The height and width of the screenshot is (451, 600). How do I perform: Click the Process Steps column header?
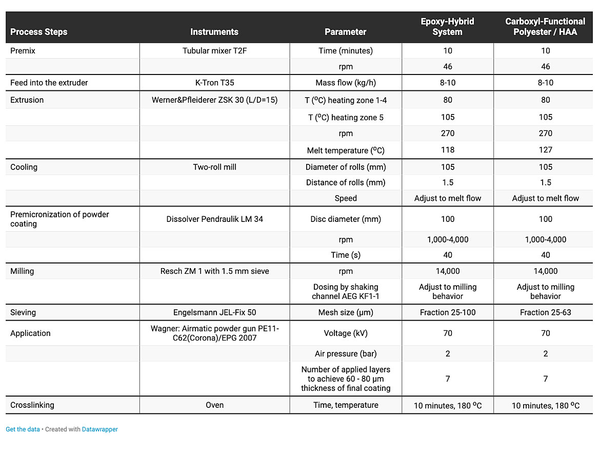39,32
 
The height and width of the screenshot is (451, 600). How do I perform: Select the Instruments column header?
214,32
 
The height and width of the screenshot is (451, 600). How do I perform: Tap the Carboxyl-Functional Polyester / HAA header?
545,27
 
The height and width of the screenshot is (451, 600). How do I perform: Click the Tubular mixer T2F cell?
214,51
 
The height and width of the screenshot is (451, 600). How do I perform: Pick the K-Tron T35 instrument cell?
214,83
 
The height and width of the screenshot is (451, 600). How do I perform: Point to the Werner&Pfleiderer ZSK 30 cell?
214,100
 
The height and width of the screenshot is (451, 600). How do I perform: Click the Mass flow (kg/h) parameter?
346,83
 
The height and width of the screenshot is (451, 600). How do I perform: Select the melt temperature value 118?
448,150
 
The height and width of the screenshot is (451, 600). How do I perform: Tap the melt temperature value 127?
545,150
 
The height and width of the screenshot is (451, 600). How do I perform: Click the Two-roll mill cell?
214,167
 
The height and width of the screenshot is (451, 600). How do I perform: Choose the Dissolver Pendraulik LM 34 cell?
214,219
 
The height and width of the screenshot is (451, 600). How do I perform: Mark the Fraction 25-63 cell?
545,312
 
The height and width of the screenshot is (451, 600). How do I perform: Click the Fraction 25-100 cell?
448,312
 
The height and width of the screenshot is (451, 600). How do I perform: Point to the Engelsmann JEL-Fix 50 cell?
214,312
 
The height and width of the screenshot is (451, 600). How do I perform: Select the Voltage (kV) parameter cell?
346,333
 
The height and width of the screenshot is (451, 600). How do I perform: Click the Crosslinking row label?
32,405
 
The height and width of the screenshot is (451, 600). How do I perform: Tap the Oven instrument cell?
214,405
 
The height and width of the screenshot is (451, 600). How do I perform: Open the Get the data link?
23,429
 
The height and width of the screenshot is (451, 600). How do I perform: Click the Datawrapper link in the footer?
100,429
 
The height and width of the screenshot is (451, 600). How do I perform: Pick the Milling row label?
22,271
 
